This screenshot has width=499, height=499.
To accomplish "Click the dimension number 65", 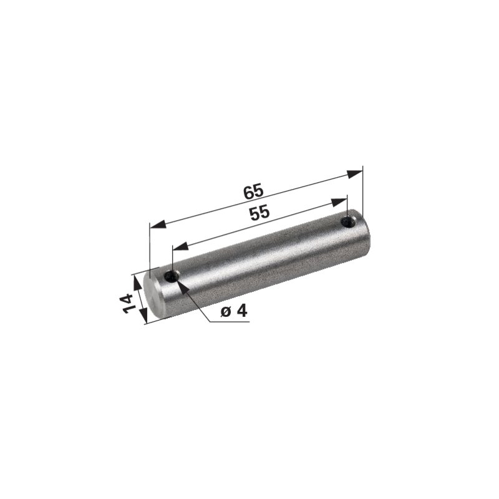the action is pos(254,191).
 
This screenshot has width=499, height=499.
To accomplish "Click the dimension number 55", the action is pos(259,213).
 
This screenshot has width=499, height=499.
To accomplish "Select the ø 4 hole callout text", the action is pos(234,311).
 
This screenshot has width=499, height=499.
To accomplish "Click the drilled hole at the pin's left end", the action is pos(172,276).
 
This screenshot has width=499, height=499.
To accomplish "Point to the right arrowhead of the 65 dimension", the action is pos(354,174).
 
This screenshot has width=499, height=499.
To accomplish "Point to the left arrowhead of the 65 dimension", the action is pos(158,225).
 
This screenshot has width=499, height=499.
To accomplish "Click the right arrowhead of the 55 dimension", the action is pos(339,202).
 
